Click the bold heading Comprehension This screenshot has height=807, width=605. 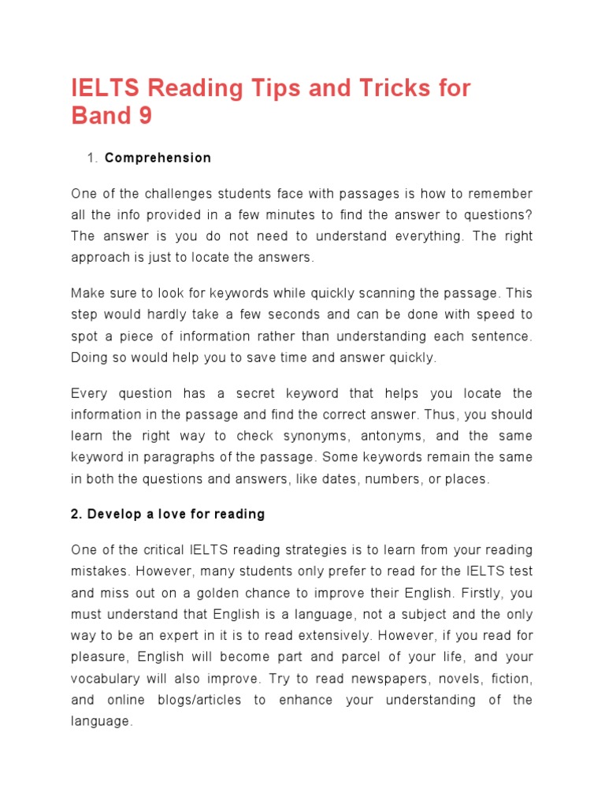pyautogui.click(x=158, y=158)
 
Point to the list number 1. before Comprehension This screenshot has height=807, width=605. pyautogui.click(x=91, y=158)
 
